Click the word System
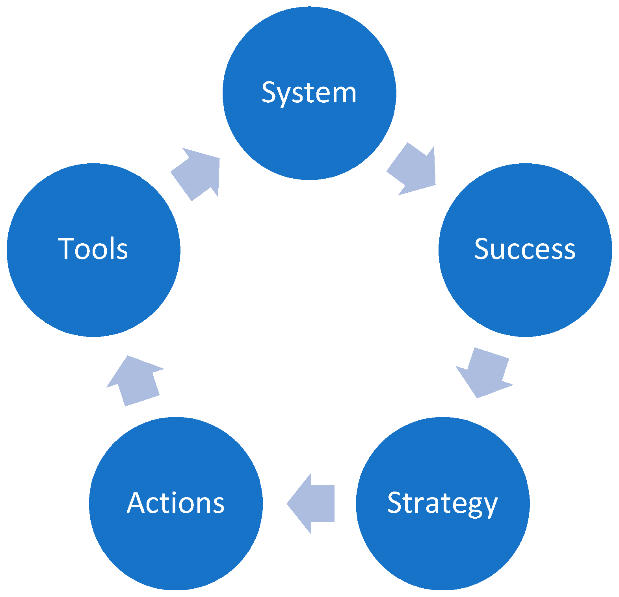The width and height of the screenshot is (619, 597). pos(309,93)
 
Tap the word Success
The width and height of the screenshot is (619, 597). pos(524,249)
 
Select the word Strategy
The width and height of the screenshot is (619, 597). pos(442,503)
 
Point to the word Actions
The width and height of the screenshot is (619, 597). pos(176,503)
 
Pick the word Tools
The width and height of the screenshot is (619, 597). pos(93,249)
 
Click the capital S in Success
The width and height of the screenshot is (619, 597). pos(482,249)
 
